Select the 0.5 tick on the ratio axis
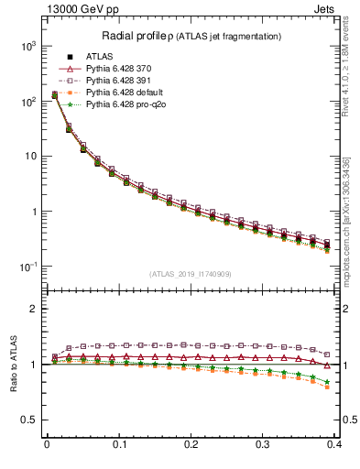(x=30, y=420)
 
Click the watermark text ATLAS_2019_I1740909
(x=191, y=274)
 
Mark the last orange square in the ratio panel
(x=327, y=387)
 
